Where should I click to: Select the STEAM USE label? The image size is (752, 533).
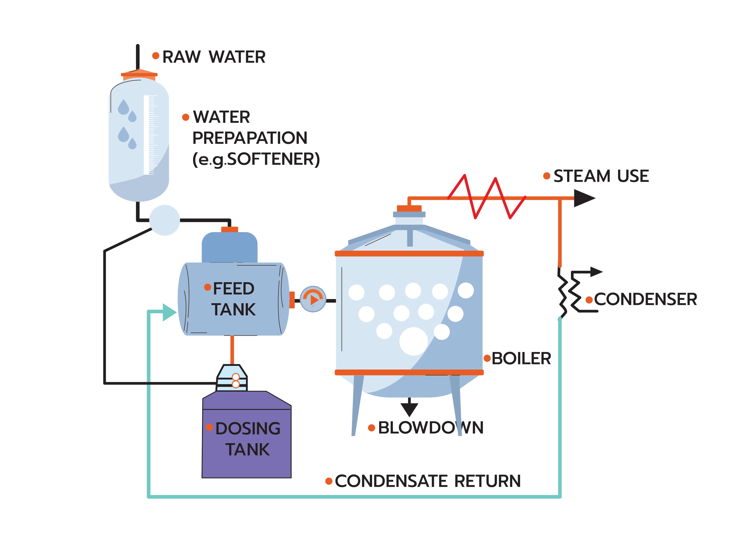pos(601,176)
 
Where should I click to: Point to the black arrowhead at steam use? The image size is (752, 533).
pos(583,198)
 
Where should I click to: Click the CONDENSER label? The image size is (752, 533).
pos(645,299)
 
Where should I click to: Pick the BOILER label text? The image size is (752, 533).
pos(521,358)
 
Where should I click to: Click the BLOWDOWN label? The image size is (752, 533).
pos(430,428)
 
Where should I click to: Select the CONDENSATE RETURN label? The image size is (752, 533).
pos(427,481)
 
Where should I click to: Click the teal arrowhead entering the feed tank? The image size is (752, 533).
pos(169,312)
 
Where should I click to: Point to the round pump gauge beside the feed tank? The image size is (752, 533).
pos(313,299)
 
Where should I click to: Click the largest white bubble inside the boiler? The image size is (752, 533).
pos(413,341)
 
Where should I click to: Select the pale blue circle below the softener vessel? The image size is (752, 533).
pos(165,220)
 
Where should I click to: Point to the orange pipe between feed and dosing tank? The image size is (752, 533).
pos(232,349)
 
